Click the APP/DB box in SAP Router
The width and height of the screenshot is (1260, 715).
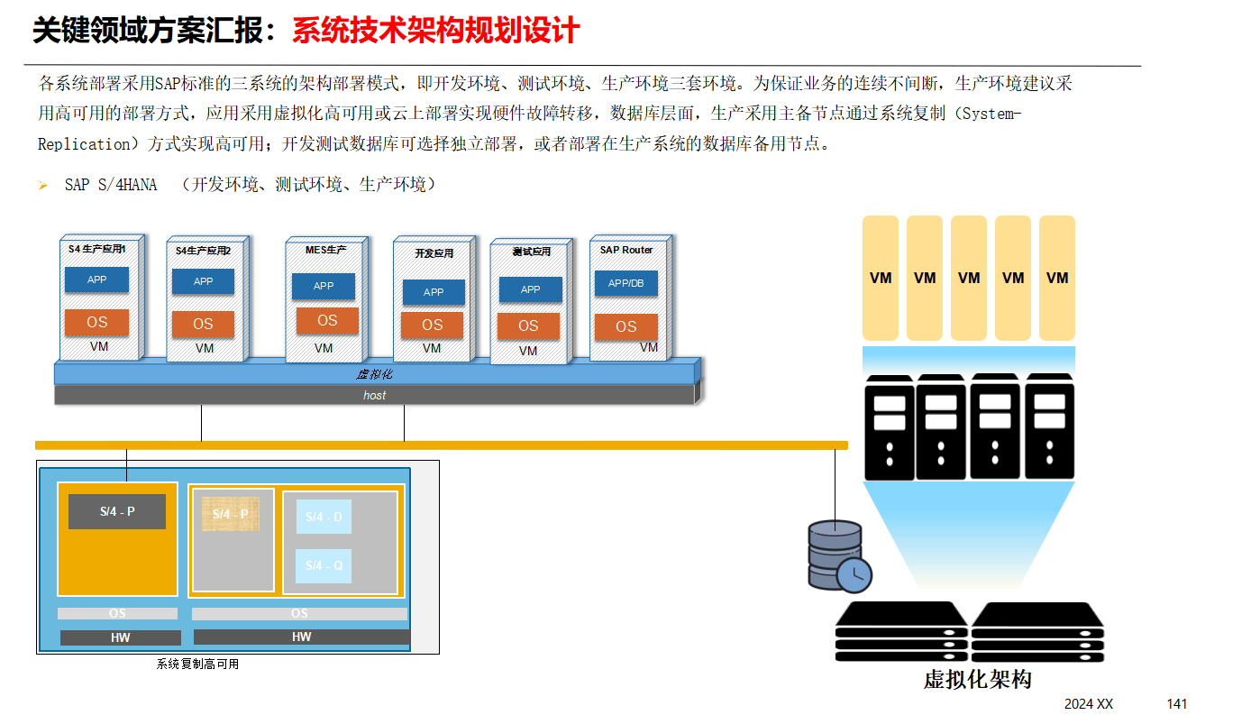pyautogui.click(x=626, y=283)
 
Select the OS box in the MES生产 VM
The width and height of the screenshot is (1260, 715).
pyautogui.click(x=327, y=321)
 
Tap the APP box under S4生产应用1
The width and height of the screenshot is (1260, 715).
pyautogui.click(x=96, y=280)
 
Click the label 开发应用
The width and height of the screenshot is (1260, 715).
pyautogui.click(x=434, y=253)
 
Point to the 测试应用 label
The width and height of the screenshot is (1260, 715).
pyautogui.click(x=531, y=252)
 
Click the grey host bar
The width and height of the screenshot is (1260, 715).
pyautogui.click(x=375, y=395)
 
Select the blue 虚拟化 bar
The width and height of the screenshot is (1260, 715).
pyautogui.click(x=375, y=373)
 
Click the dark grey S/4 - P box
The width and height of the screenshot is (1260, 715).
pyautogui.click(x=117, y=511)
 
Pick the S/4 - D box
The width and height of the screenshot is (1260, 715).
pyautogui.click(x=324, y=517)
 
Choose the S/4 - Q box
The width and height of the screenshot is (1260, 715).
pyautogui.click(x=324, y=565)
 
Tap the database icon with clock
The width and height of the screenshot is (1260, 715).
pyautogui.click(x=838, y=556)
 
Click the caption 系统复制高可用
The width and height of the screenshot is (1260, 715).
pyautogui.click(x=197, y=665)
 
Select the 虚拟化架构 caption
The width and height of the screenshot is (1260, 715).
pyautogui.click(x=977, y=679)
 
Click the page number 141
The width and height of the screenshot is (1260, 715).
pyautogui.click(x=1177, y=703)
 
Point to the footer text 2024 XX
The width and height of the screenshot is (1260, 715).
pyautogui.click(x=1089, y=703)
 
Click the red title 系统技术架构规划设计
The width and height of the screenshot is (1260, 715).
pyautogui.click(x=435, y=32)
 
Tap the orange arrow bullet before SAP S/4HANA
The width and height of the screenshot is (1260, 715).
pyautogui.click(x=42, y=186)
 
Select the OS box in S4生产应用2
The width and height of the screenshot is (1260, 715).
pyautogui.click(x=203, y=325)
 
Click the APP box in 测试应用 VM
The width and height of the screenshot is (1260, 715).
pyautogui.click(x=531, y=289)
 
